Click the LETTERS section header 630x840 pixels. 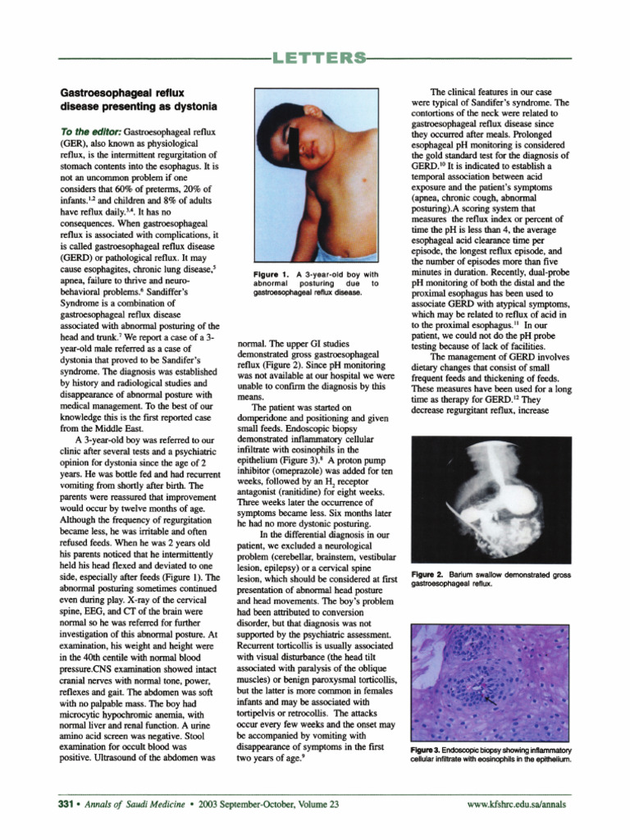[x=315, y=57]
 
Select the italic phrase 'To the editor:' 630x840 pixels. [x=91, y=132]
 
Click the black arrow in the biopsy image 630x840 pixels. [x=491, y=698]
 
